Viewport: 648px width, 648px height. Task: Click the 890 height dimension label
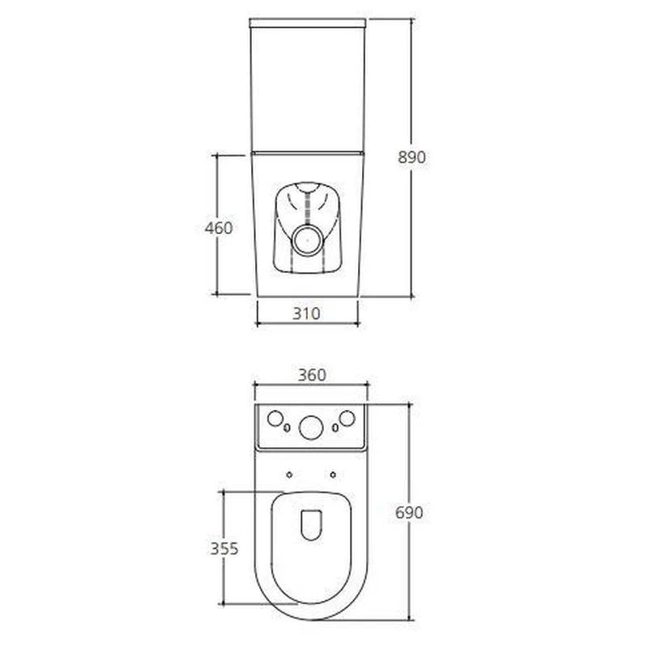(411, 157)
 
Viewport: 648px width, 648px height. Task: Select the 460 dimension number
(219, 228)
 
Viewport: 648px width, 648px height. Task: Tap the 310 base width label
(306, 313)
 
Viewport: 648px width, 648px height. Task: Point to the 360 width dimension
(312, 375)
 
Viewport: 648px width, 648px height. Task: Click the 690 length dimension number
(409, 513)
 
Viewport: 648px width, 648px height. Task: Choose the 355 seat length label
(224, 548)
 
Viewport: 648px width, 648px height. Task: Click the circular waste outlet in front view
(308, 240)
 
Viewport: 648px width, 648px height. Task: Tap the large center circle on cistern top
(311, 428)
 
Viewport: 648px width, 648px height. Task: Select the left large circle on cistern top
(275, 418)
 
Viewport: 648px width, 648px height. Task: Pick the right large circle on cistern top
(347, 418)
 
